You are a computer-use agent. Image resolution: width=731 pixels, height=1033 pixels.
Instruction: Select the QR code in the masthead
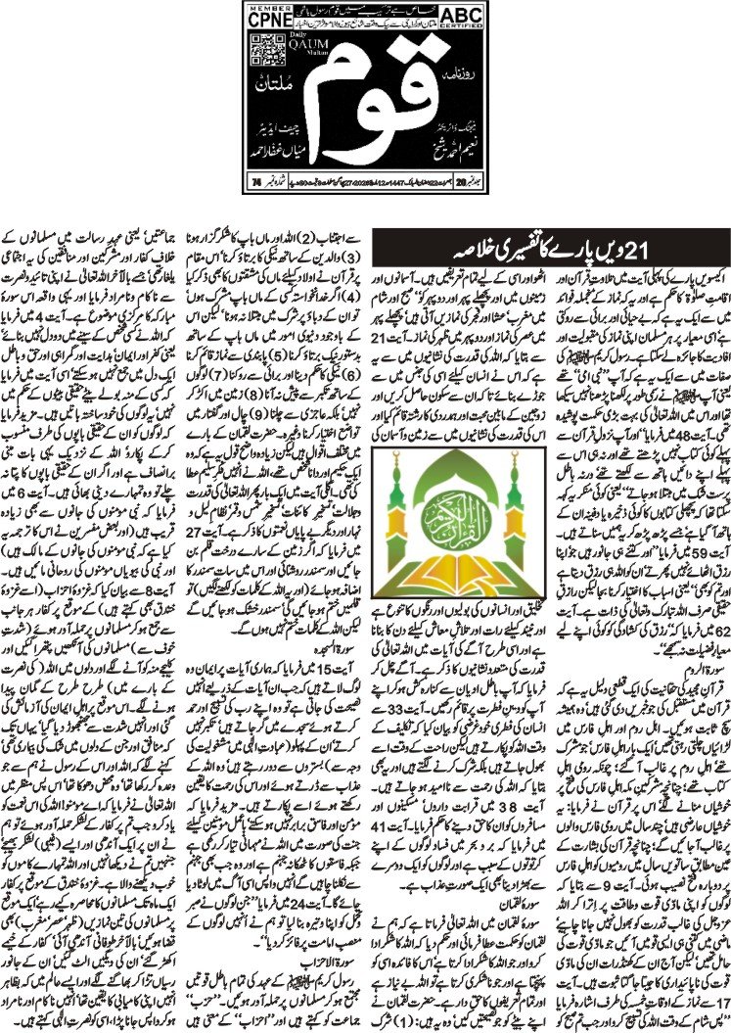[257, 53]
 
